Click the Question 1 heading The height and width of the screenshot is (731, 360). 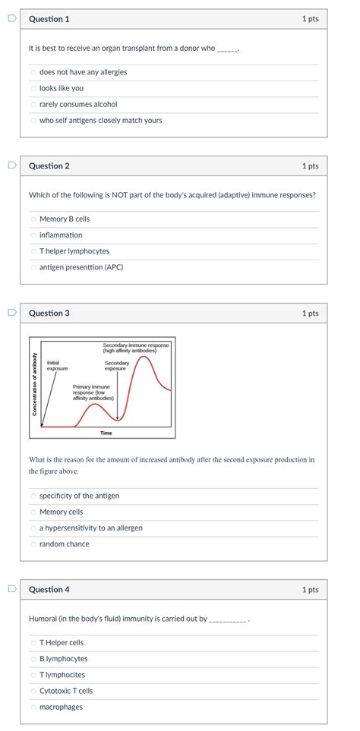click(x=49, y=19)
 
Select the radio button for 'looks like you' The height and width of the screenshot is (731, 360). click(x=33, y=89)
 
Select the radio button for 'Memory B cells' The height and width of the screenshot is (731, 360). click(x=33, y=219)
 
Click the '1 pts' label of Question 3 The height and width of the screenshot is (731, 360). click(x=309, y=314)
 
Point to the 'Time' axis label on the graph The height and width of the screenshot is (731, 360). click(x=106, y=433)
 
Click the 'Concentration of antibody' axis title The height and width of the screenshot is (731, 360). click(x=34, y=385)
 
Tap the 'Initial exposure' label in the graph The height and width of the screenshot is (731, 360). click(x=57, y=366)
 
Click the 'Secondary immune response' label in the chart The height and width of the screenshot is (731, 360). click(x=137, y=348)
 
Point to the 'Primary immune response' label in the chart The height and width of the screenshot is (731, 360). click(x=93, y=392)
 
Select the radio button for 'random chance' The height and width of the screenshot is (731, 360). click(x=33, y=544)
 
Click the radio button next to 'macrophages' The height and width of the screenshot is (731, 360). click(x=33, y=707)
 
